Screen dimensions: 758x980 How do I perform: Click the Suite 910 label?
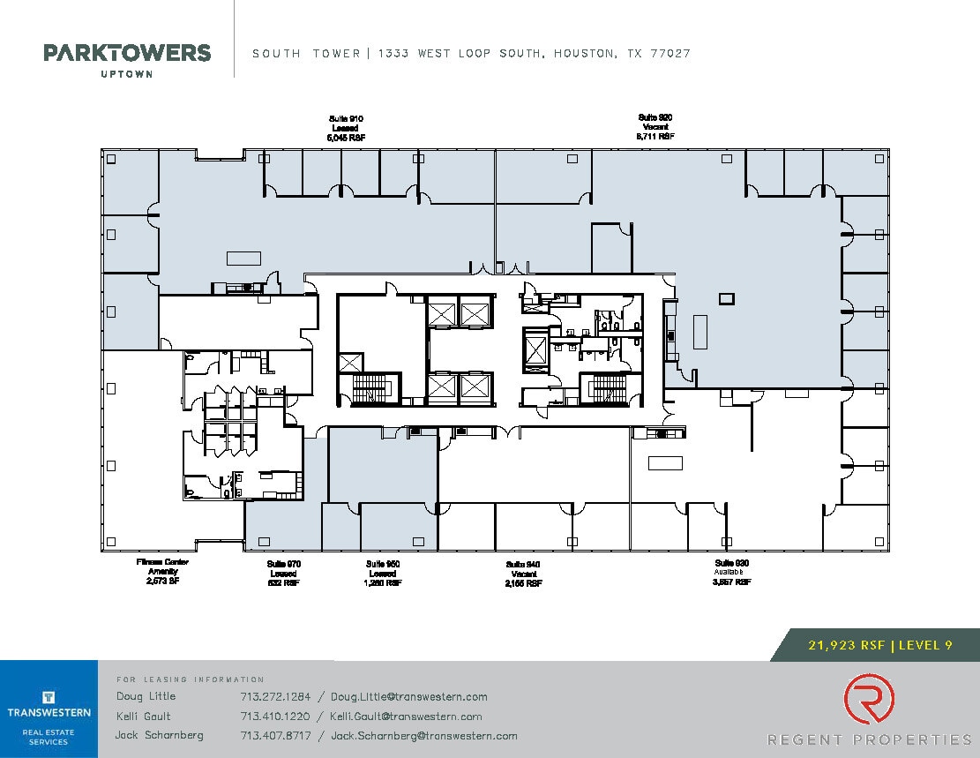pos(346,128)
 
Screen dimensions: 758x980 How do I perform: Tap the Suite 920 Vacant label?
pos(655,127)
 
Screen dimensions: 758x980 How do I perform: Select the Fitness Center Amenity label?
pos(162,571)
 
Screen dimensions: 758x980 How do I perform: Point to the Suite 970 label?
pos(284,573)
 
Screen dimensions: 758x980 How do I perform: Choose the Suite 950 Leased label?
pos(384,573)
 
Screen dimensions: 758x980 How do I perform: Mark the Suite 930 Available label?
pos(733,573)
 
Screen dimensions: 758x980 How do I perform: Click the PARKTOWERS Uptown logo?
pos(127,58)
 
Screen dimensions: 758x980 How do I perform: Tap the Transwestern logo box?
pos(49,709)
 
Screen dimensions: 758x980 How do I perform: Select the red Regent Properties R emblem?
pos(868,699)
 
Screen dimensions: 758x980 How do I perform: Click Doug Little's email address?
pos(409,696)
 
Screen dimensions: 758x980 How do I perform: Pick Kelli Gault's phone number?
pos(275,717)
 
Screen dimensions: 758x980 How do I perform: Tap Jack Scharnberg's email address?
pos(423,736)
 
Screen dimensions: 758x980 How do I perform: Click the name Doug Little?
pos(146,696)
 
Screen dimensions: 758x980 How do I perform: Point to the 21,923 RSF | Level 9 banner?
pos(879,645)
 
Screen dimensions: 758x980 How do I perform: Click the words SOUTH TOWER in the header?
pos(306,54)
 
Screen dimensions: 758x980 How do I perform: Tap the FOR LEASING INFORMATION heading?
pos(190,679)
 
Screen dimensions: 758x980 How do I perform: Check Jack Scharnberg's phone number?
pos(275,736)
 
